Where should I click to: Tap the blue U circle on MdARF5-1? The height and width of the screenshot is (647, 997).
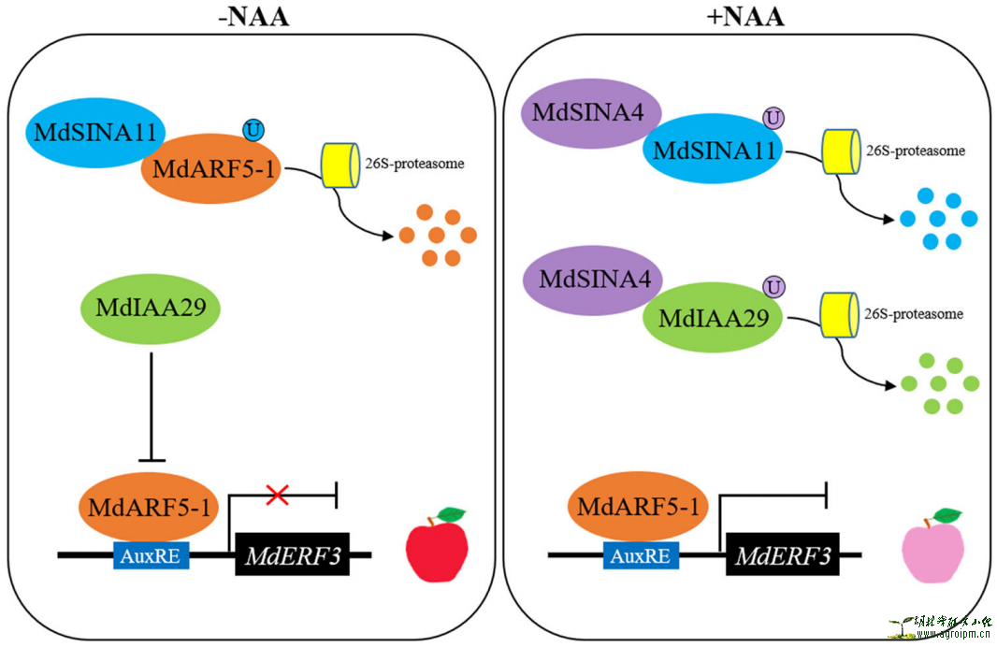(253, 130)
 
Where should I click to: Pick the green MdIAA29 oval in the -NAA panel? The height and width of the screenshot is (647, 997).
(152, 307)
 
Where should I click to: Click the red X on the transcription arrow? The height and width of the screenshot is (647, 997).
(277, 496)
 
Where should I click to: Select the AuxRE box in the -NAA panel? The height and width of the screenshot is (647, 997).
(152, 556)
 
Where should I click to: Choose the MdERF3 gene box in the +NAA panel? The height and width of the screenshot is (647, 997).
(783, 556)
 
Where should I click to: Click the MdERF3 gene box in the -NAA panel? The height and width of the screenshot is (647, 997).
(293, 556)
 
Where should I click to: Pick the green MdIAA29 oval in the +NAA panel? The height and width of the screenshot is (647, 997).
(714, 318)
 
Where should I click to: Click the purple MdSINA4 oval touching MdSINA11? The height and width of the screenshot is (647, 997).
(593, 113)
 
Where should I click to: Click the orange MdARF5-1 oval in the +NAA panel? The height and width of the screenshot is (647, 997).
(639, 508)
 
